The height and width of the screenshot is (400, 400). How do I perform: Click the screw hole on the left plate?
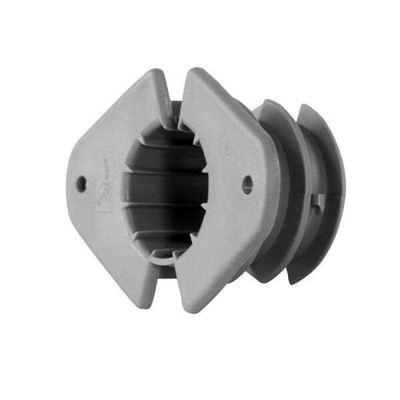point(81,183)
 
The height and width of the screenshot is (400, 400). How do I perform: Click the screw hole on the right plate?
point(247,185)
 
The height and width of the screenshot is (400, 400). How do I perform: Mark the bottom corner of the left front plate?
point(145,305)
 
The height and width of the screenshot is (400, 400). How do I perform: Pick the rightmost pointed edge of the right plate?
point(279,180)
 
